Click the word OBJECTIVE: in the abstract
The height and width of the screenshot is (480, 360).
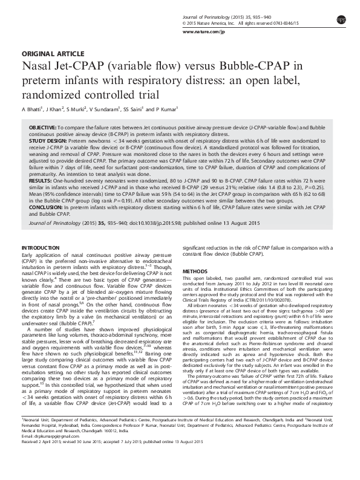point(42,129)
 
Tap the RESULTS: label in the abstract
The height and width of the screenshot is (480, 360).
point(39,180)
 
